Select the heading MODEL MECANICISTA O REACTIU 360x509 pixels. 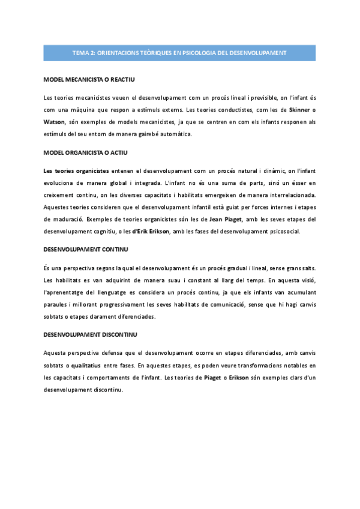point(89,79)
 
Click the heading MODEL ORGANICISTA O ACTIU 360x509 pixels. point(86,153)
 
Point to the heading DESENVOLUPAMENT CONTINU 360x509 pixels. point(86,248)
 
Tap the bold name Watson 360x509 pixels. point(54,122)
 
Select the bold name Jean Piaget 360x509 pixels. point(226,219)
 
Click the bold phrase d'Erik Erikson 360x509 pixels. point(153,231)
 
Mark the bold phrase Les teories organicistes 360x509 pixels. point(76,171)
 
